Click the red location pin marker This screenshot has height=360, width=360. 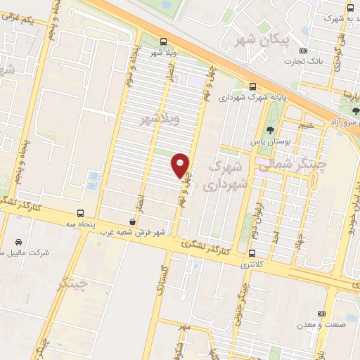tap(181, 165)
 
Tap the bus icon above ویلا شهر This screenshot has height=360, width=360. tap(163, 41)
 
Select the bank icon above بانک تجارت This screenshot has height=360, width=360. tap(303, 51)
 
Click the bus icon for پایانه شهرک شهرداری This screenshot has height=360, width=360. tap(252, 87)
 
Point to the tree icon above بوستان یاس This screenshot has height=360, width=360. tap(269, 129)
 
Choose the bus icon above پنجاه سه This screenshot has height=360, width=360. tap(81, 212)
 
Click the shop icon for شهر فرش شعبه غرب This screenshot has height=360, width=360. tap(134, 221)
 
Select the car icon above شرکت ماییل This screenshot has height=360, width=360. tap(20, 240)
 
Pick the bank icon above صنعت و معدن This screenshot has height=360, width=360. tap(322, 313)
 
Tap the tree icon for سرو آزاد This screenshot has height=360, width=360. tap(355, 110)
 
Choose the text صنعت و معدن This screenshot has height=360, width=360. tap(321, 324)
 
